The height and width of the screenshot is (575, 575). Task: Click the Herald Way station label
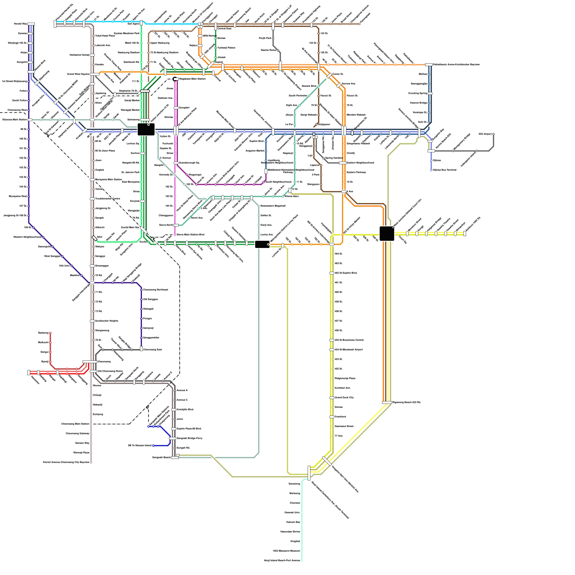tap(20, 24)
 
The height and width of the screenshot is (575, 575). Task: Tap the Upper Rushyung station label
tap(160, 43)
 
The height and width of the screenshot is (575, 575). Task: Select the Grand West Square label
tap(78, 74)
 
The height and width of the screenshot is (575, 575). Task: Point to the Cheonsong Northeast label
tap(155, 290)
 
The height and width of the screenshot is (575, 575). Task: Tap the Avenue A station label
tap(182, 390)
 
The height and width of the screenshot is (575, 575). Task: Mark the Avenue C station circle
tap(175, 400)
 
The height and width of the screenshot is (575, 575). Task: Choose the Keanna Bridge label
tap(418, 103)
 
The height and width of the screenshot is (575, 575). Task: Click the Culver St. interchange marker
tap(329, 76)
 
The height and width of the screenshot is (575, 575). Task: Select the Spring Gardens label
tap(333, 158)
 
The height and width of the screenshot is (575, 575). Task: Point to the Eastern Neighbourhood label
tap(360, 163)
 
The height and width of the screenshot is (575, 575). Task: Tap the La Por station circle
tap(295, 125)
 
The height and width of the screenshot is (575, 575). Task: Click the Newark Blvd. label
tap(309, 86)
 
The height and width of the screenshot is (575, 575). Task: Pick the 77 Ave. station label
tap(339, 436)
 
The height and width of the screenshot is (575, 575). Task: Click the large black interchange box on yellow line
tap(387, 234)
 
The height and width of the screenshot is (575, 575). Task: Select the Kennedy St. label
tap(166, 175)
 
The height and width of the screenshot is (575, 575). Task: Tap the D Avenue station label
tap(165, 158)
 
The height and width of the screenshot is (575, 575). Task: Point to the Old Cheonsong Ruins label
tap(110, 371)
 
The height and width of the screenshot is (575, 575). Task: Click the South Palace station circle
tap(29, 101)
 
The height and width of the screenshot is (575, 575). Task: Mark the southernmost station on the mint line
tap(302, 560)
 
